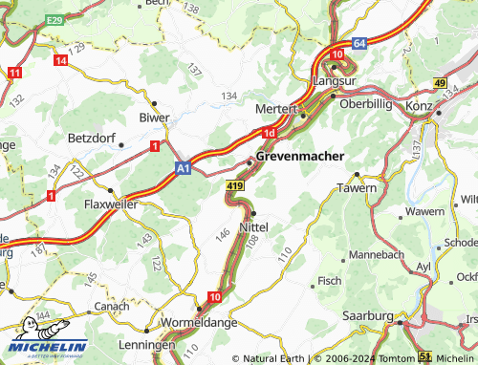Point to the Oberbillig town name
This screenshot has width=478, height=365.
click(367, 103)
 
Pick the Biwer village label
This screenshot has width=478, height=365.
click(153, 118)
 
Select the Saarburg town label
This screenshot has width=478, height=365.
click(368, 314)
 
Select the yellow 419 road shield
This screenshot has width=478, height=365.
click(235, 182)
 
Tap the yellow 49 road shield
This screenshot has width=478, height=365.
click(440, 84)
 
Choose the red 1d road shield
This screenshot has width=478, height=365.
click(270, 133)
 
